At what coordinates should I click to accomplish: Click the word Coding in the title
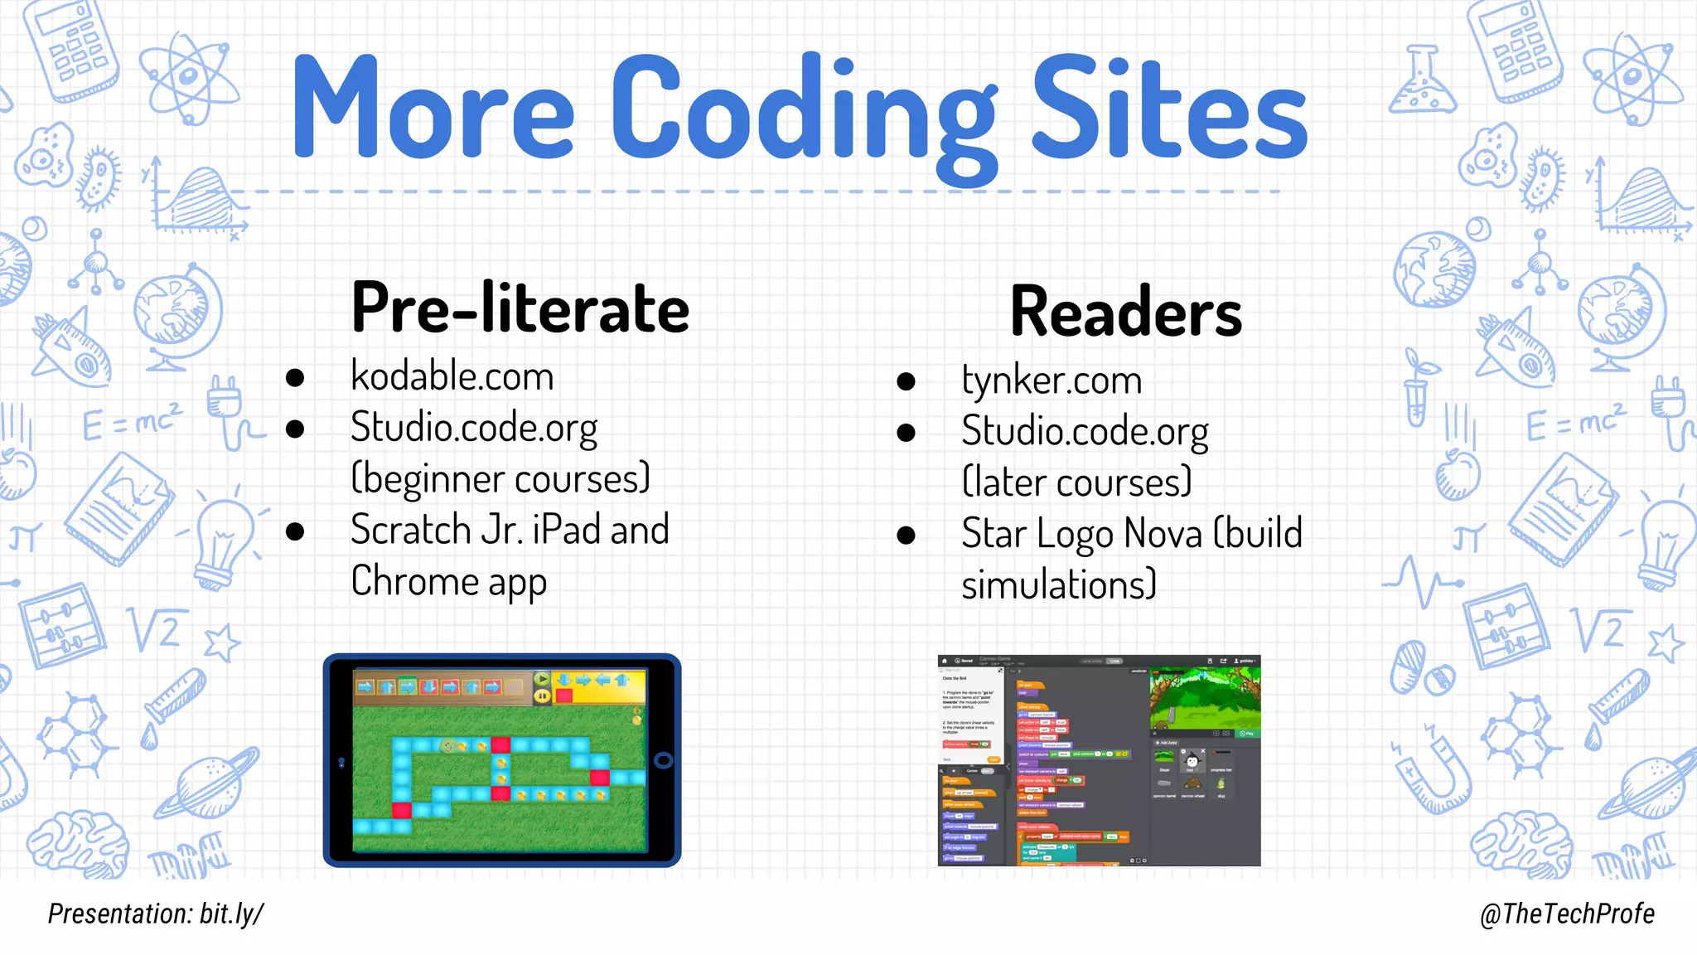click(804, 108)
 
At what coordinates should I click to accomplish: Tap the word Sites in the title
click(1168, 108)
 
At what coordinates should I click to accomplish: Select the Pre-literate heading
click(520, 308)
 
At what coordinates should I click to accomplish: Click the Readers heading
click(1126, 313)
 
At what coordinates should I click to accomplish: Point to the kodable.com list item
click(452, 377)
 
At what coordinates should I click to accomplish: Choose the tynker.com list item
click(1052, 381)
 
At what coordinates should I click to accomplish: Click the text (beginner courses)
click(500, 479)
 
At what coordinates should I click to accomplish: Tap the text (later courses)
click(1076, 482)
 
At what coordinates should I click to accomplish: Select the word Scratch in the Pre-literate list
click(411, 531)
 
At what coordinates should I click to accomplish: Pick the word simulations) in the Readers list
click(1058, 585)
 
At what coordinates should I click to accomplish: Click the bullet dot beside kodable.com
click(295, 378)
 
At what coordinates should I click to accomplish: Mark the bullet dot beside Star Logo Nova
click(906, 536)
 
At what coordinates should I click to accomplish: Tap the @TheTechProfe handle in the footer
click(1567, 914)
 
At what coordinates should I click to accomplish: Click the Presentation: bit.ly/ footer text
click(156, 914)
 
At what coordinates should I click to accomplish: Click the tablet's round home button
click(664, 760)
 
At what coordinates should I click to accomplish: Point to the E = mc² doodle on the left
click(131, 423)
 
